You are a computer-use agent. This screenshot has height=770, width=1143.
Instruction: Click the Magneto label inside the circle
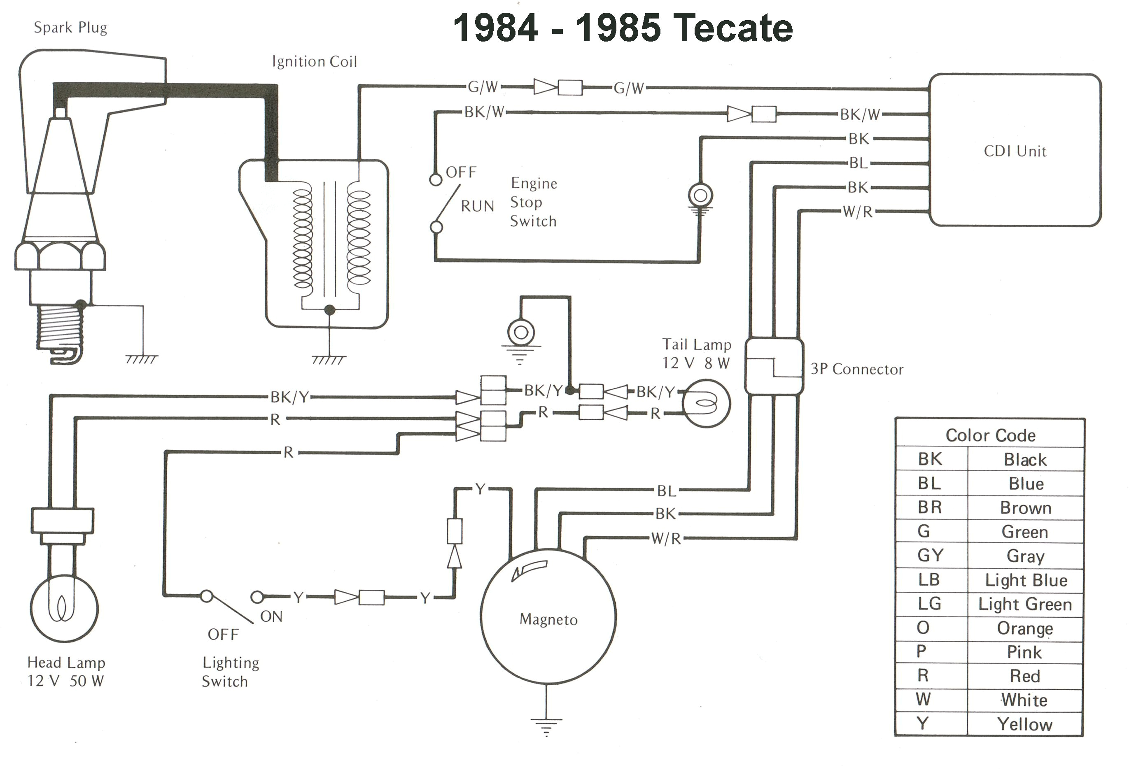pyautogui.click(x=548, y=619)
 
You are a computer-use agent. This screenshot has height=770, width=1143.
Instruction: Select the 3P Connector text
pyautogui.click(x=857, y=369)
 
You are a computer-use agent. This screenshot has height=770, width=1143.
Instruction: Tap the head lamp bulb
pyautogui.click(x=64, y=608)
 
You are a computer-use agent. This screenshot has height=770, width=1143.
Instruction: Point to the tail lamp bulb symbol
pyautogui.click(x=706, y=404)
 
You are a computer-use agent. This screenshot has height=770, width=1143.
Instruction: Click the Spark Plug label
pyautogui.click(x=70, y=28)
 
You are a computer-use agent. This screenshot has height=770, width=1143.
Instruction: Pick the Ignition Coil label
pyautogui.click(x=314, y=61)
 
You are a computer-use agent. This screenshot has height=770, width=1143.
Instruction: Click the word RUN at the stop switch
pyautogui.click(x=477, y=206)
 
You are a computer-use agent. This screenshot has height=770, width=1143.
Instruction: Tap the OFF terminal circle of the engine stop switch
pyautogui.click(x=435, y=180)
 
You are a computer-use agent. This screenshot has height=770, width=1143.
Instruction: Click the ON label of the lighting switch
pyautogui.click(x=271, y=616)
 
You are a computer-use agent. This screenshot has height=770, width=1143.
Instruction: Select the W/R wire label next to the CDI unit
pyautogui.click(x=858, y=212)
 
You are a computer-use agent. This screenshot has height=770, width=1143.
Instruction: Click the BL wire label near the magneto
pyautogui.click(x=667, y=491)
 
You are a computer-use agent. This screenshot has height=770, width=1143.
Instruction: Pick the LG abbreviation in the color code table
pyautogui.click(x=929, y=603)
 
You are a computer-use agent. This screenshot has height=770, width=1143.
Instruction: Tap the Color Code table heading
pyautogui.click(x=990, y=435)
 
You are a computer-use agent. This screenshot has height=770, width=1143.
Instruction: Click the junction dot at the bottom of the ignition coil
pyautogui.click(x=329, y=310)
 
